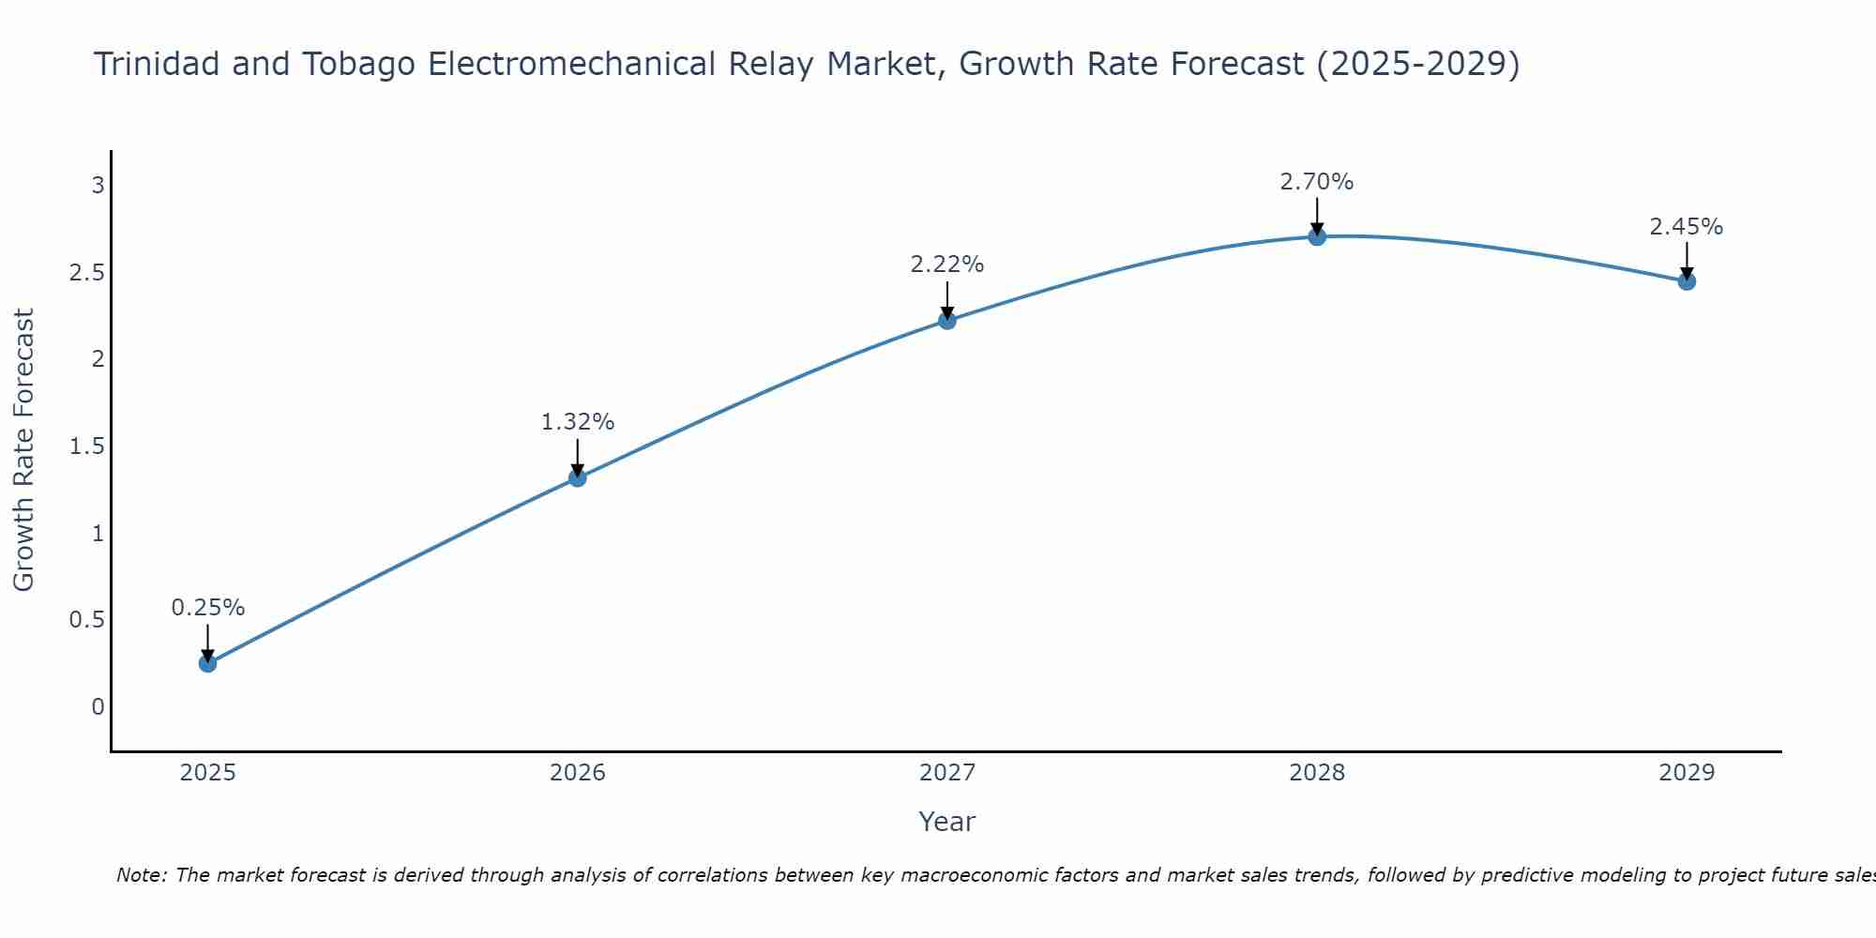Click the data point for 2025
[x=207, y=663]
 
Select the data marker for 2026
[x=578, y=477]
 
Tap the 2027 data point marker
[x=947, y=321]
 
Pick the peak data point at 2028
[x=1317, y=236]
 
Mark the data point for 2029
[x=1687, y=280]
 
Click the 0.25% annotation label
[x=207, y=608]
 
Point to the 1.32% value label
[x=578, y=422]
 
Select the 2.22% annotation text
[x=947, y=265]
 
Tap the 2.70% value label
[x=1317, y=182]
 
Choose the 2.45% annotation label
[x=1687, y=227]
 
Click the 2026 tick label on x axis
[x=578, y=773]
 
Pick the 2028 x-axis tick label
[x=1317, y=773]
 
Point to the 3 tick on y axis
[x=98, y=185]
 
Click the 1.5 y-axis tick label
[x=86, y=446]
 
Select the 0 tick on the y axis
[x=98, y=706]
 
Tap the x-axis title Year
[x=947, y=822]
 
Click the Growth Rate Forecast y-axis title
[x=23, y=450]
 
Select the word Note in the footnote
[x=141, y=875]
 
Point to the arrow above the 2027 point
[x=947, y=300]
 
